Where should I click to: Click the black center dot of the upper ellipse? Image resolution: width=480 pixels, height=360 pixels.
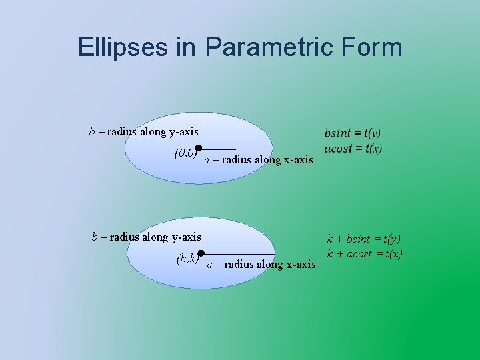point(199,149)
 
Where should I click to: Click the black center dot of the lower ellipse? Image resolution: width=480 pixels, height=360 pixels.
point(200,253)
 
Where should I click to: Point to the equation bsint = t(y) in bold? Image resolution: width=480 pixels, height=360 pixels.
point(353,133)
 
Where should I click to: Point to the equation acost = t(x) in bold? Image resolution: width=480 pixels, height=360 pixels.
point(353,148)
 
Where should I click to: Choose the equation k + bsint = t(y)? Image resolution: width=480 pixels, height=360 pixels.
point(363,239)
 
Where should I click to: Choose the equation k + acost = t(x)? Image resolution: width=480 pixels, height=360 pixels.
point(364,253)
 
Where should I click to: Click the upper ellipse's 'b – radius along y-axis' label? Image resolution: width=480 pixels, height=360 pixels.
point(144,131)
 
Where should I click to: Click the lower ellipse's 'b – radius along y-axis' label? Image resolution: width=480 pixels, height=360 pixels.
point(146,236)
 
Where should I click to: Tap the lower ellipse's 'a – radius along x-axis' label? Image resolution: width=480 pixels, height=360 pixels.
point(261,264)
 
